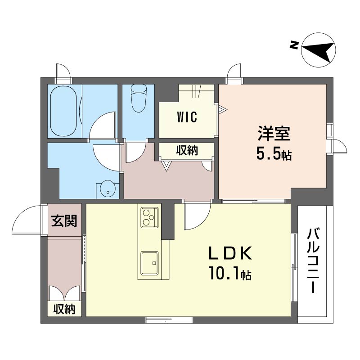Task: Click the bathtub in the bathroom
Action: [x=63, y=111]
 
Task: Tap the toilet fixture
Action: [x=139, y=98]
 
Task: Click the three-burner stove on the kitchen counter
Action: [x=150, y=217]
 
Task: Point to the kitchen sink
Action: [x=150, y=263]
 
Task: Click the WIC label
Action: [x=187, y=117]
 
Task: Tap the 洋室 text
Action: [x=274, y=134]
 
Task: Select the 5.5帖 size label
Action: [x=274, y=154]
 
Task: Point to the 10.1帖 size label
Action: [x=230, y=273]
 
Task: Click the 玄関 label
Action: [x=64, y=221]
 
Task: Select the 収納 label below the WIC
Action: [x=187, y=150]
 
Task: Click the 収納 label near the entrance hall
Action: [x=64, y=309]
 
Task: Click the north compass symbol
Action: [x=319, y=49]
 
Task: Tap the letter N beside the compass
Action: [x=294, y=45]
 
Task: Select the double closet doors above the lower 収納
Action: [x=64, y=293]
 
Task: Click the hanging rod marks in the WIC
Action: [x=196, y=91]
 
